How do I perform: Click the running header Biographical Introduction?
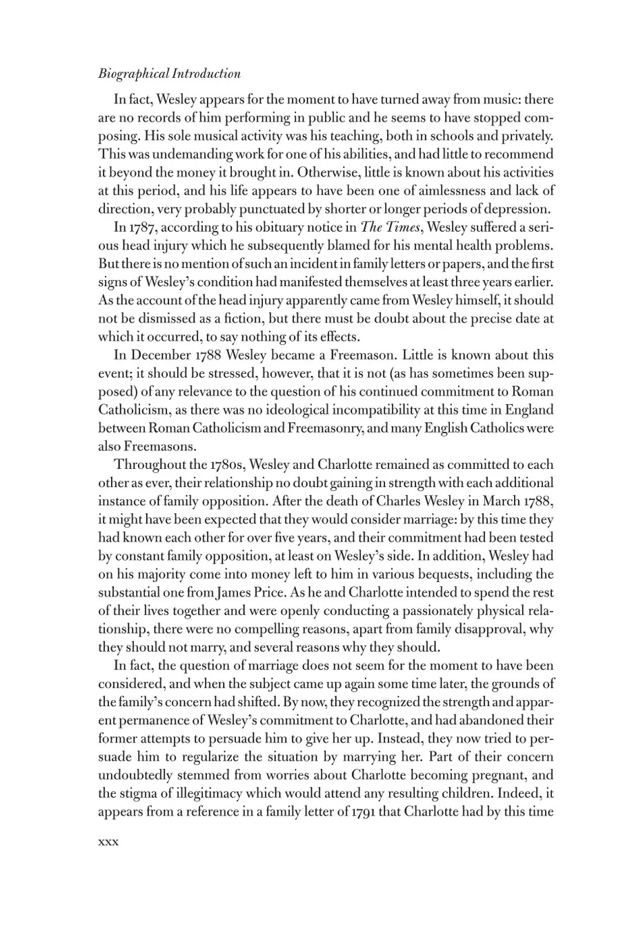point(170,74)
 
